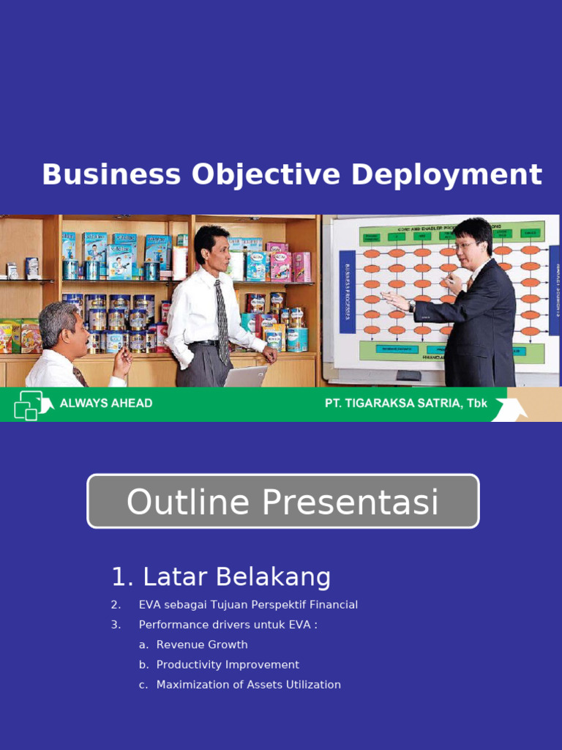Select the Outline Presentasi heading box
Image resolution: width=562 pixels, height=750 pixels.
click(282, 502)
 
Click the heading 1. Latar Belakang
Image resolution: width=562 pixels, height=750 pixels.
click(221, 577)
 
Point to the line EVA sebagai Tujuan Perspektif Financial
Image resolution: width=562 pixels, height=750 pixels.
click(248, 605)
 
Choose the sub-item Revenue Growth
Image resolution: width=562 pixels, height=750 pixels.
click(202, 645)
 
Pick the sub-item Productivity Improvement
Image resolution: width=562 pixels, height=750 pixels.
click(228, 664)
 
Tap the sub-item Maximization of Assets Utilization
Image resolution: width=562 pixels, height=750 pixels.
click(248, 685)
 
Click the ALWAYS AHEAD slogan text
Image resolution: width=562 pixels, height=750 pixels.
click(106, 404)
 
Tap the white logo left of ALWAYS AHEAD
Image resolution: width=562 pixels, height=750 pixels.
click(31, 405)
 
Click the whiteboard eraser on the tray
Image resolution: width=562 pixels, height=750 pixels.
click(408, 376)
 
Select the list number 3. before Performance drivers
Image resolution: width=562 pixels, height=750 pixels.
click(116, 625)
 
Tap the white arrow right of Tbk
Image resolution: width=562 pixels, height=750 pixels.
click(509, 407)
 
